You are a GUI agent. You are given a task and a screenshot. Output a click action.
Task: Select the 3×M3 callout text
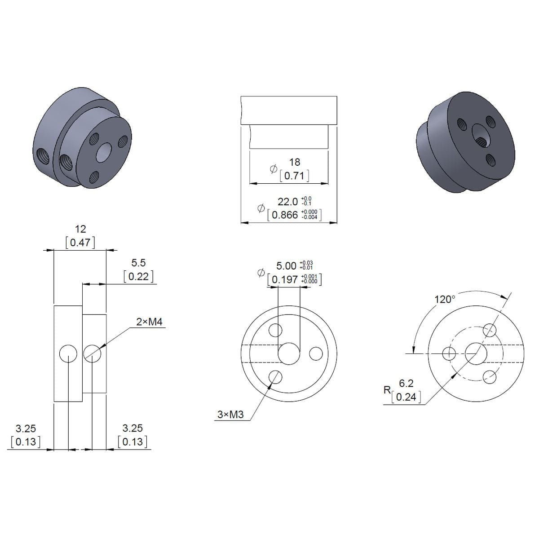pos(230,415)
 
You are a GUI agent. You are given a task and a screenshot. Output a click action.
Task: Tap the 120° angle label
pos(445,299)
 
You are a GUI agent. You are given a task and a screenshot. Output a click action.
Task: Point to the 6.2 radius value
pos(406,383)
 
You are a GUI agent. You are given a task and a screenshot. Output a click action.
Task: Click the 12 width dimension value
pos(80,229)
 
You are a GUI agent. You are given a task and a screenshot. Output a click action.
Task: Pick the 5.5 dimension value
pos(138,262)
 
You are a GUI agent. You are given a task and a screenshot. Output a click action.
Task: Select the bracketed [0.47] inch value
pos(80,243)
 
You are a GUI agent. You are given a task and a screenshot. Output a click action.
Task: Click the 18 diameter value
pos(294,162)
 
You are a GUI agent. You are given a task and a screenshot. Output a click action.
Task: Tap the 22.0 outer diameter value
pos(287,201)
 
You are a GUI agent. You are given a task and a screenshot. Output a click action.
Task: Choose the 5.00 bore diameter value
pos(286,266)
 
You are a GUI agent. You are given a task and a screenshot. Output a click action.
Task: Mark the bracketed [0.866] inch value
pos(285,215)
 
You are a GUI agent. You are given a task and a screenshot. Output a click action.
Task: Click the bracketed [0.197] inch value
pos(285,280)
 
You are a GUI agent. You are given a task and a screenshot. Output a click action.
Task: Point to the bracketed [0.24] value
pos(406,397)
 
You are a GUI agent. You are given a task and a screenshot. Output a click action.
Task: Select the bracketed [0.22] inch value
pos(138,276)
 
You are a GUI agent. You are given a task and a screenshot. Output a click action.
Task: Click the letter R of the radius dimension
pos(387,390)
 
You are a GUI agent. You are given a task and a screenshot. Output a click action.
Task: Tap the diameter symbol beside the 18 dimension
pos(273,169)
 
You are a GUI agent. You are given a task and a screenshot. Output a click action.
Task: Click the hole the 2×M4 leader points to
pos(92,354)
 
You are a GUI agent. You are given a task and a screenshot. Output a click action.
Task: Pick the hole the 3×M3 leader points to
pos(275,376)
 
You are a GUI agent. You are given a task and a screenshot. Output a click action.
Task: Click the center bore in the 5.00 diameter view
pos(289,354)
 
